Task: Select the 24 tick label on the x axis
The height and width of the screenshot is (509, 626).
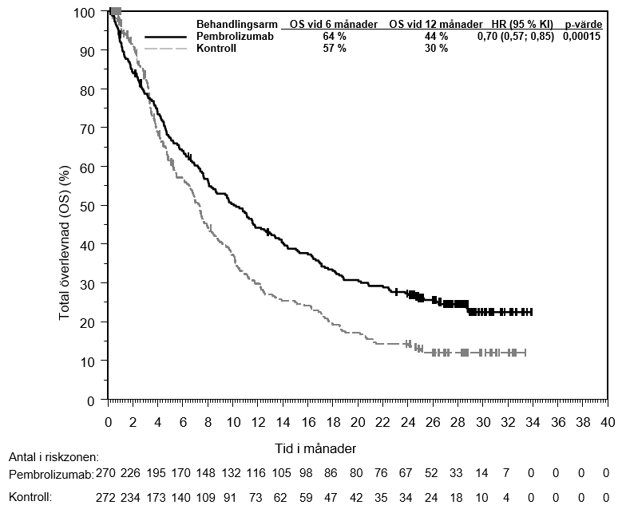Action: [408, 421]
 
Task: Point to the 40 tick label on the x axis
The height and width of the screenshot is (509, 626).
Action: [607, 421]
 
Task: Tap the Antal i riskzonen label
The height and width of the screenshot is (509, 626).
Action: [53, 457]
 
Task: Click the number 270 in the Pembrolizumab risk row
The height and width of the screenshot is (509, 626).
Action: [108, 474]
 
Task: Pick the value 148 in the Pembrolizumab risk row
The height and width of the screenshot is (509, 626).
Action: [208, 474]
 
